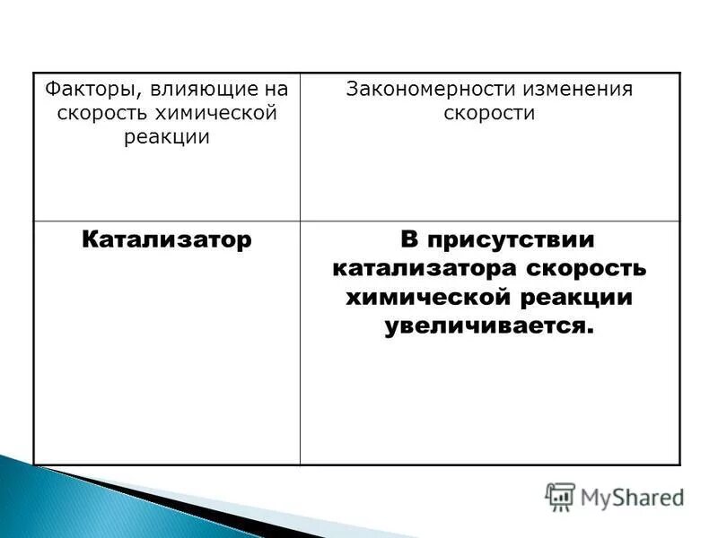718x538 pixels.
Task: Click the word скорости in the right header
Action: (489, 114)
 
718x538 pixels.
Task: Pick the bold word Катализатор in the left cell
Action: (167, 240)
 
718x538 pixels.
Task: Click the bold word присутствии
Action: (509, 240)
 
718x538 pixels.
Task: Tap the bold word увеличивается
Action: (489, 326)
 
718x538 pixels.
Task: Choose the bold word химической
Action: (424, 298)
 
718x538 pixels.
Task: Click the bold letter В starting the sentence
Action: (409, 240)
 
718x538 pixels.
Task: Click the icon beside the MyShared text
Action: (560, 496)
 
